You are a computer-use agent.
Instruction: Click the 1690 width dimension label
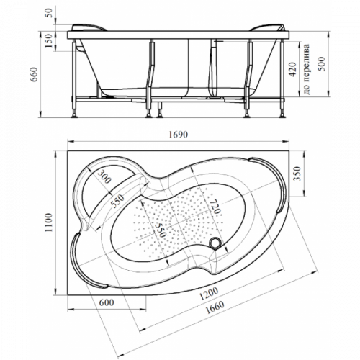[178, 135]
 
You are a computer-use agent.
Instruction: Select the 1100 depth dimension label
[48, 222]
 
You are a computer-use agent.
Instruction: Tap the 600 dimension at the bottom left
[107, 302]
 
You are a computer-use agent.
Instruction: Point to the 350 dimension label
[297, 174]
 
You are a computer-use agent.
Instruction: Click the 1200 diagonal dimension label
[209, 294]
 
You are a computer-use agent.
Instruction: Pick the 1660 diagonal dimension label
[215, 307]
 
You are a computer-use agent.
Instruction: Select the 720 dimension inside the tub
[214, 207]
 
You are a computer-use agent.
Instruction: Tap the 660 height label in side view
[35, 74]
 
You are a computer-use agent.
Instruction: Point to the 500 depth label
[321, 64]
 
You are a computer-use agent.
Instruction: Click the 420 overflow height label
[292, 70]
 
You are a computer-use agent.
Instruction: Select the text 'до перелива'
[307, 69]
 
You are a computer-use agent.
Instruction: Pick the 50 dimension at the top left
[48, 13]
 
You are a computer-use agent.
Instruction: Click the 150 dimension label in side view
[48, 40]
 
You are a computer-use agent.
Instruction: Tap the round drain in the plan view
[215, 243]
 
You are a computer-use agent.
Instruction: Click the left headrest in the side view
[89, 27]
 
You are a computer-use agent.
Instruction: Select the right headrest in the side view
[267, 27]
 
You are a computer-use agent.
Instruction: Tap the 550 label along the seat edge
[117, 201]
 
